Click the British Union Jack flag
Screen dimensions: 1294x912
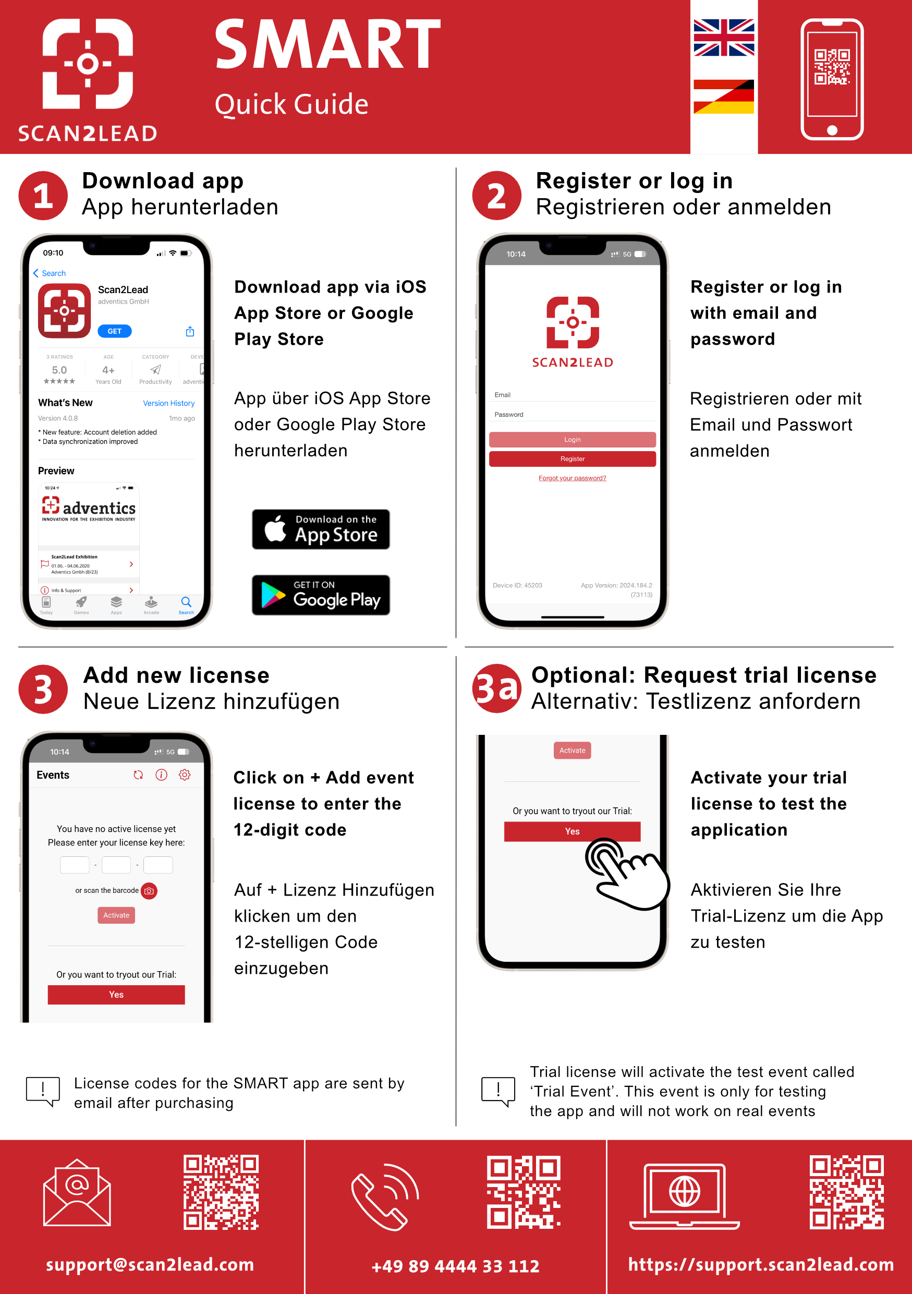point(723,38)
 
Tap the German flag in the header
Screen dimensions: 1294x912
point(723,96)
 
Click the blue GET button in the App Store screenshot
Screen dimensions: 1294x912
point(114,331)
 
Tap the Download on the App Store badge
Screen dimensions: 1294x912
point(321,529)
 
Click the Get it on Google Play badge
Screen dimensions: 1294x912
point(321,595)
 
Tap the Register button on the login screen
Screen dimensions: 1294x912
point(573,459)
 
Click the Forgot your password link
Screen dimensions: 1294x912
point(573,478)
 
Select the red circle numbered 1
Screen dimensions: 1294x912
point(43,196)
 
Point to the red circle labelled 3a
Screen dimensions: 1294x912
point(496,688)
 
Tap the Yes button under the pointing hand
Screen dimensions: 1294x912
point(572,831)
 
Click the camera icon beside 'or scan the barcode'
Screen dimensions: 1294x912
point(149,891)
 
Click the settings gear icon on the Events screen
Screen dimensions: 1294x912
point(184,775)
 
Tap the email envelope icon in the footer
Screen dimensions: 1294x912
point(77,1193)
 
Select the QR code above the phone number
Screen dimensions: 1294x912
point(524,1192)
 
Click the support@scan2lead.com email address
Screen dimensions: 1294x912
point(150,1264)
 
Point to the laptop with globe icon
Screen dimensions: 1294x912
point(685,1196)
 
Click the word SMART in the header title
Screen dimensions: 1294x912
point(327,44)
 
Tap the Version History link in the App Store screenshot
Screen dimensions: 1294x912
point(168,403)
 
